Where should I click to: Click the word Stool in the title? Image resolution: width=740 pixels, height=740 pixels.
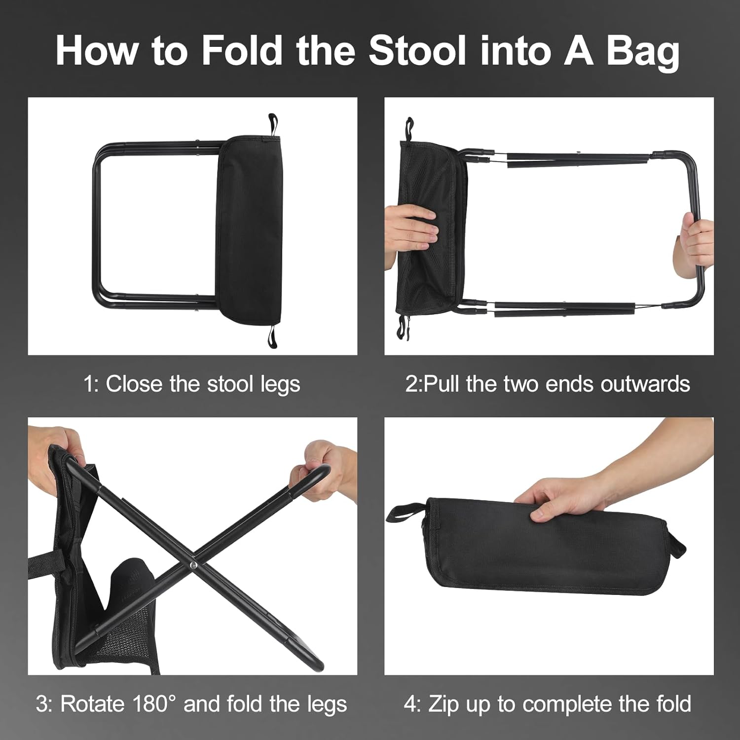(x=417, y=50)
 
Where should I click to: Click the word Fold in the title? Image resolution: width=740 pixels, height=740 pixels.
(x=241, y=50)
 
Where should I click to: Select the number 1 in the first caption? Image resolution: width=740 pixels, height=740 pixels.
(x=90, y=384)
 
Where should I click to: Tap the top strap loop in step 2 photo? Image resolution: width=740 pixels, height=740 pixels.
(x=409, y=128)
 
